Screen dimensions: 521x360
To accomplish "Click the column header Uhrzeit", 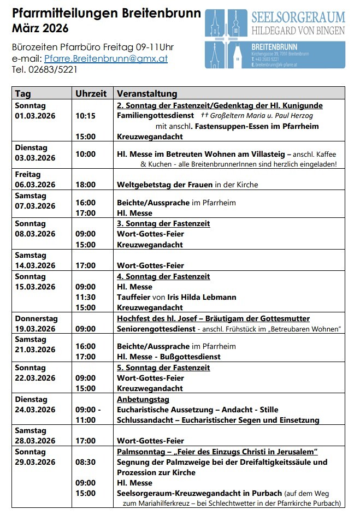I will [x=91, y=93].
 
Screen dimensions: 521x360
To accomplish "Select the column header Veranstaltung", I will [x=147, y=93].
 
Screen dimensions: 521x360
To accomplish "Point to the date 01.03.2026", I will [x=36, y=116].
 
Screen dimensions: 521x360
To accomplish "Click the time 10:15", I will [x=85, y=116].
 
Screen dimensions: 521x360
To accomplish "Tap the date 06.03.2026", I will [x=36, y=185].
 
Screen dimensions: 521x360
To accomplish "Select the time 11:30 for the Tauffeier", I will [x=85, y=297].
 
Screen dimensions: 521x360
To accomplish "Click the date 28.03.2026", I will [x=36, y=441].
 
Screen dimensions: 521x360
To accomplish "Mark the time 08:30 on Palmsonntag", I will [x=85, y=462].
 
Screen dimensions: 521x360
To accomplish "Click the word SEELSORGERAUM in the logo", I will [x=298, y=17].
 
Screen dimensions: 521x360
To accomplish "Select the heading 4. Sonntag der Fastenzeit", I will [x=163, y=276].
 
